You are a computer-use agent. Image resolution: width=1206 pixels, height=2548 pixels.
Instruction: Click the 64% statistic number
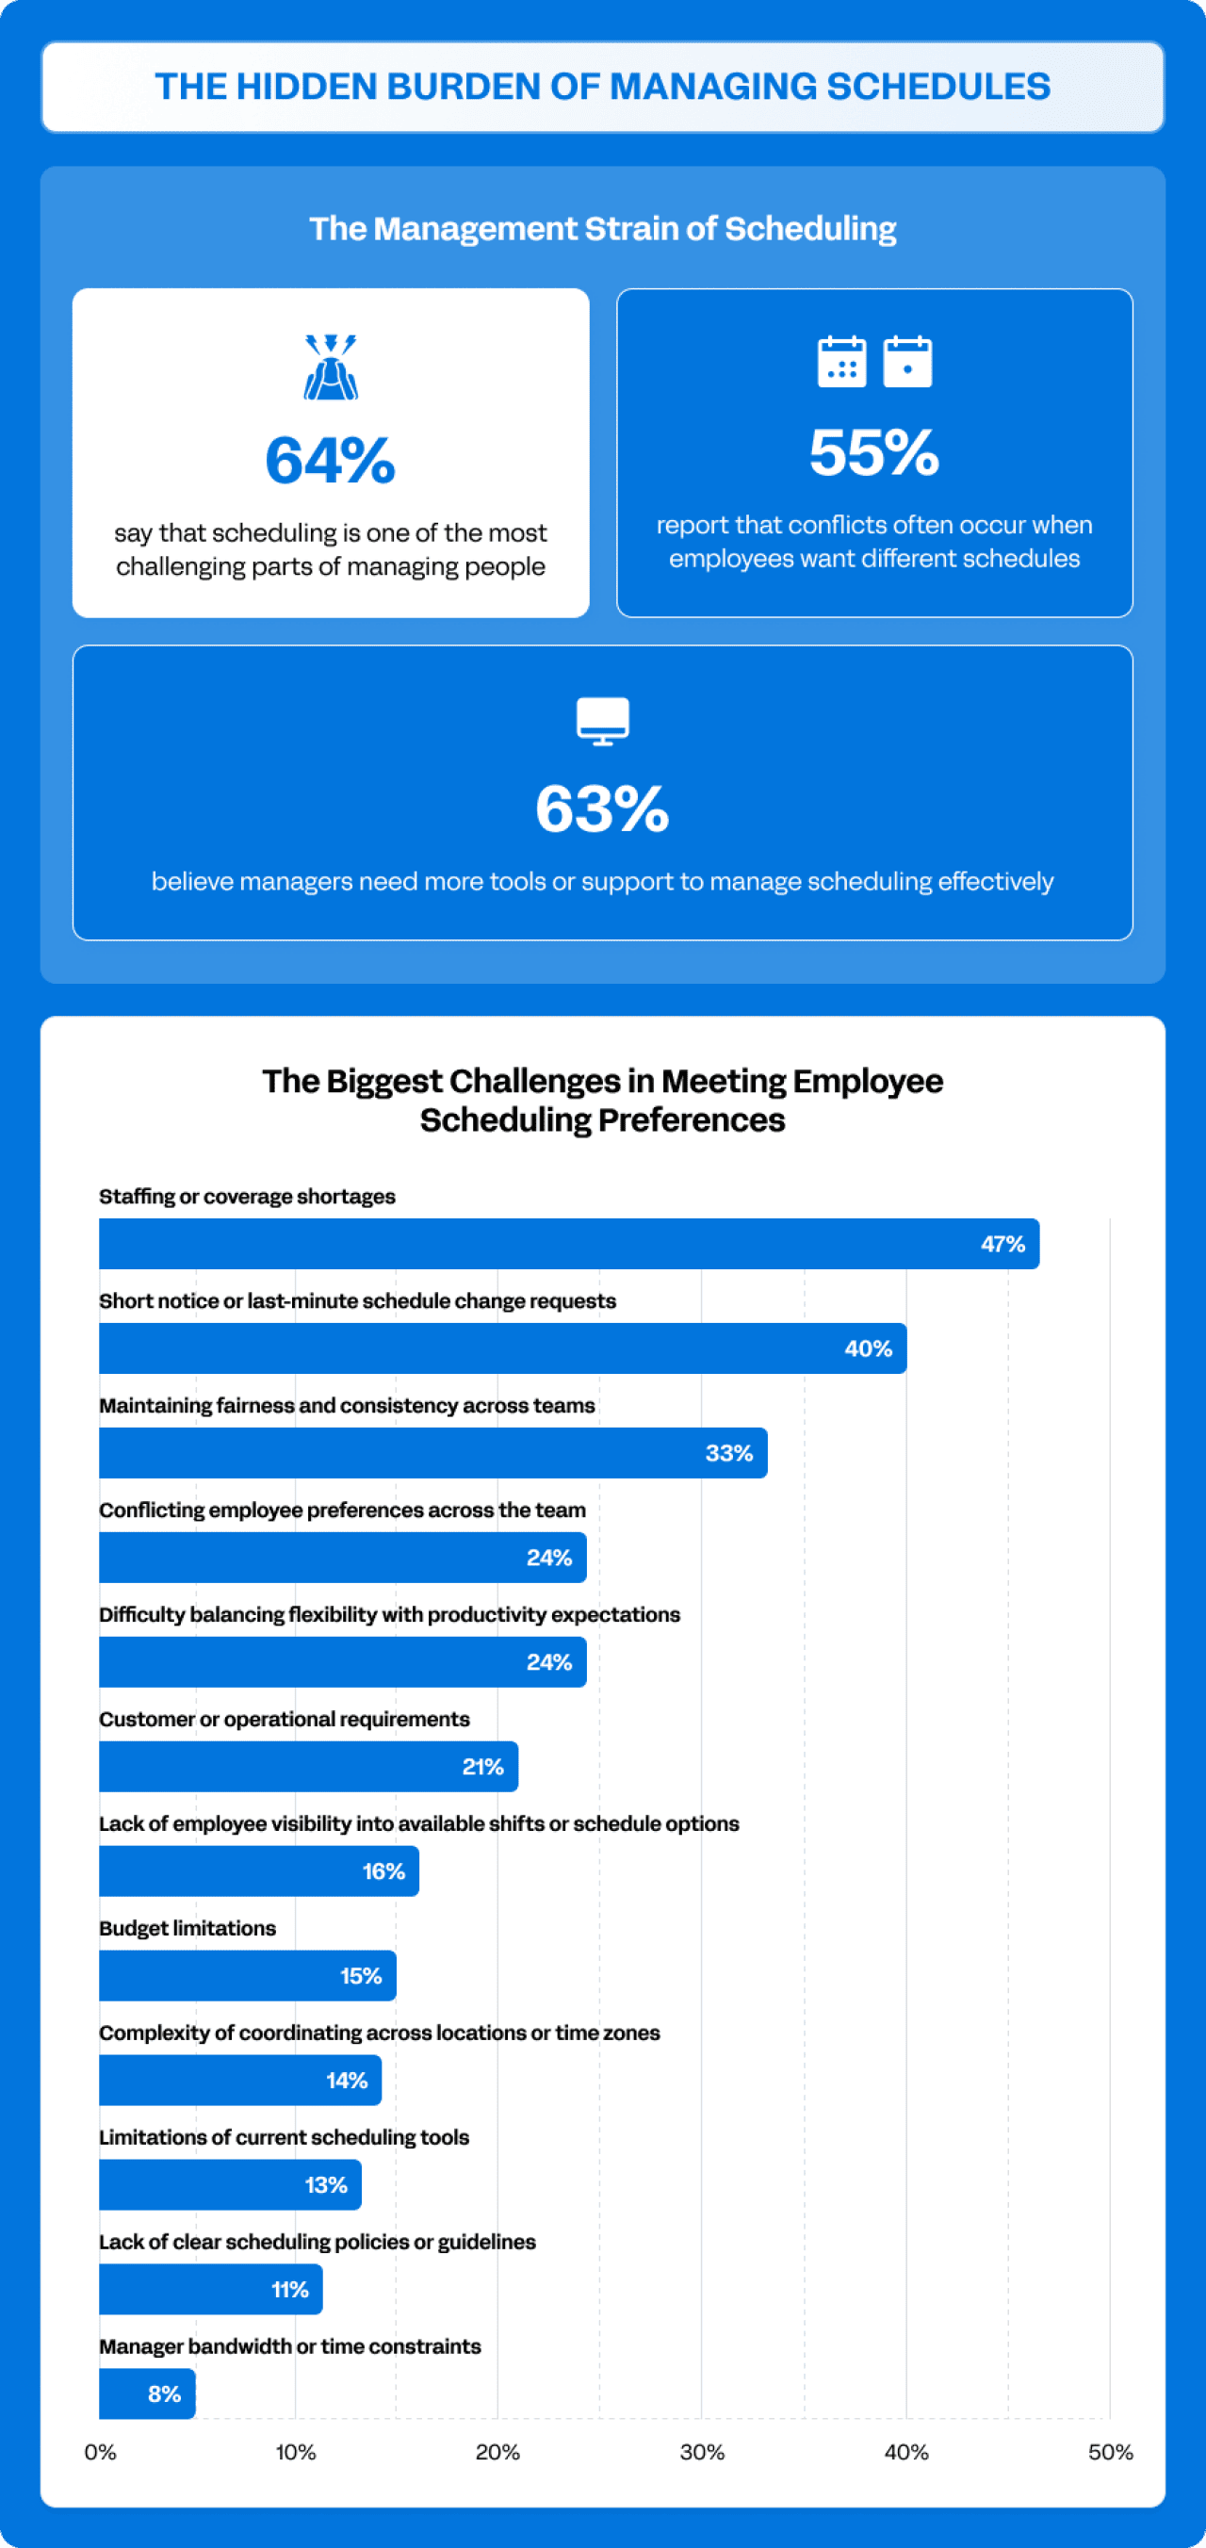pos(331,461)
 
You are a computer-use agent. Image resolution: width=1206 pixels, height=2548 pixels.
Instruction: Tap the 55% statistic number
pos(874,453)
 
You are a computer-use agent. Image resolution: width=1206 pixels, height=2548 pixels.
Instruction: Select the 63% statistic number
pos(602,809)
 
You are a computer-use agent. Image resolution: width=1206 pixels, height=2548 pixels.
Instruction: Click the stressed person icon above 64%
pos(331,367)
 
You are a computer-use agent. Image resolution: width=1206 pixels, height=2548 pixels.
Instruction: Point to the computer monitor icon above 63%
pos(602,720)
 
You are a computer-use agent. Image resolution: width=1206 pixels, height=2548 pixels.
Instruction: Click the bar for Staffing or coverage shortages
pos(569,1243)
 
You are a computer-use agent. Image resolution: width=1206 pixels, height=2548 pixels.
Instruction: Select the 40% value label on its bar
pos(868,1348)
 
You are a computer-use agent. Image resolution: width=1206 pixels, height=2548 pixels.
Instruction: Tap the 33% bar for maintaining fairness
pos(432,1453)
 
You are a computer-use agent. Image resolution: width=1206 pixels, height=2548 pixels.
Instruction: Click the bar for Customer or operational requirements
pos(308,1767)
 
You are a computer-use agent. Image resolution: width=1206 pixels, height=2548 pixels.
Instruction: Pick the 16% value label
pos(383,1871)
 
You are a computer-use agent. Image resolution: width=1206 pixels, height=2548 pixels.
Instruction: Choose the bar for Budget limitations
pos(248,1975)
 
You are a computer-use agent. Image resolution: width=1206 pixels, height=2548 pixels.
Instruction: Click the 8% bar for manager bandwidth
pos(146,2393)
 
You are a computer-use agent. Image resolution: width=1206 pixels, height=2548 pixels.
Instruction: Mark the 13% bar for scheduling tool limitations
pos(230,2185)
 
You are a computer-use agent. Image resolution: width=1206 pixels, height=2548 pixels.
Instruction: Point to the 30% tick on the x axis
pos(701,2452)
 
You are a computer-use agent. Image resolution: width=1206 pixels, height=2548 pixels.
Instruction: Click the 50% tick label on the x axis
pos(1110,2452)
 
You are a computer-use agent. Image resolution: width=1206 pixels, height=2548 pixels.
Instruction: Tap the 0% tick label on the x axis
pos(100,2452)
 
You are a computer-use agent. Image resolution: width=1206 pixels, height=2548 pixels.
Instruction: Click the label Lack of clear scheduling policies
pos(317,2242)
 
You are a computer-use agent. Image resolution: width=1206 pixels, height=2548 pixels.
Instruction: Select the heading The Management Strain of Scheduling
pos(602,228)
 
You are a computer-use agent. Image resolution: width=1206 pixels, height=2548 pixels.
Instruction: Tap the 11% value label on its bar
pos(290,2290)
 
